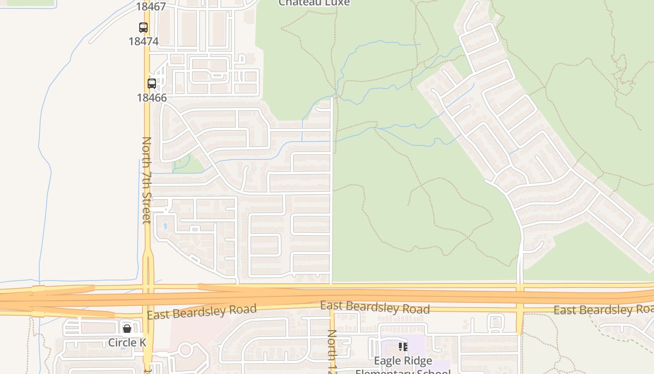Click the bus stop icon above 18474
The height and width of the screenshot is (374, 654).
(x=143, y=28)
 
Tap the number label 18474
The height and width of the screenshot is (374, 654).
(x=143, y=41)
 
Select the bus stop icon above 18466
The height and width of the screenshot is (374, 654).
(x=152, y=84)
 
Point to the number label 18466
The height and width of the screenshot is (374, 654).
(x=152, y=98)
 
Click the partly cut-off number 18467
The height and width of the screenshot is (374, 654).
(x=151, y=6)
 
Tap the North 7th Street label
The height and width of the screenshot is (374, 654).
(x=147, y=180)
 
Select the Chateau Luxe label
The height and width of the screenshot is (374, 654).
(x=314, y=3)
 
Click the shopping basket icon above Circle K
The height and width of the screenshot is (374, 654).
(x=127, y=329)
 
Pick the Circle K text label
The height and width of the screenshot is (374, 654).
(x=127, y=342)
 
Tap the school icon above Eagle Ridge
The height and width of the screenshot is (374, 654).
(x=403, y=347)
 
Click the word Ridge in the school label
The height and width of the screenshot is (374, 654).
(x=419, y=361)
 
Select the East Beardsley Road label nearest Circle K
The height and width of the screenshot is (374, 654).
(x=202, y=312)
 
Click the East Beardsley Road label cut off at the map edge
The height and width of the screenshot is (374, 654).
(x=603, y=309)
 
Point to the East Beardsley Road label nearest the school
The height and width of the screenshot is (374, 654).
(x=375, y=308)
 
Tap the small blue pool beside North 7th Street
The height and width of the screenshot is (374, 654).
(x=164, y=226)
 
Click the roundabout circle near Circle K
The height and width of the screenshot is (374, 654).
(x=186, y=349)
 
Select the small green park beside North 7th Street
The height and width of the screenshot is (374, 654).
(x=189, y=164)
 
